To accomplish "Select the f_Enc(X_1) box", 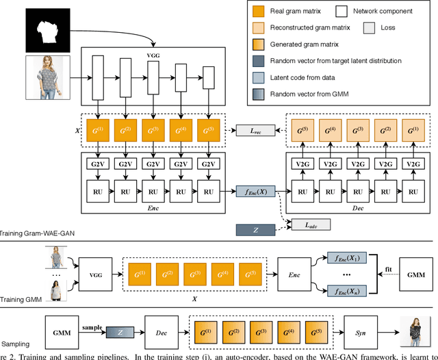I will (345, 257).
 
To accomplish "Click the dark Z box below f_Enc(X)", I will (255, 231).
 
